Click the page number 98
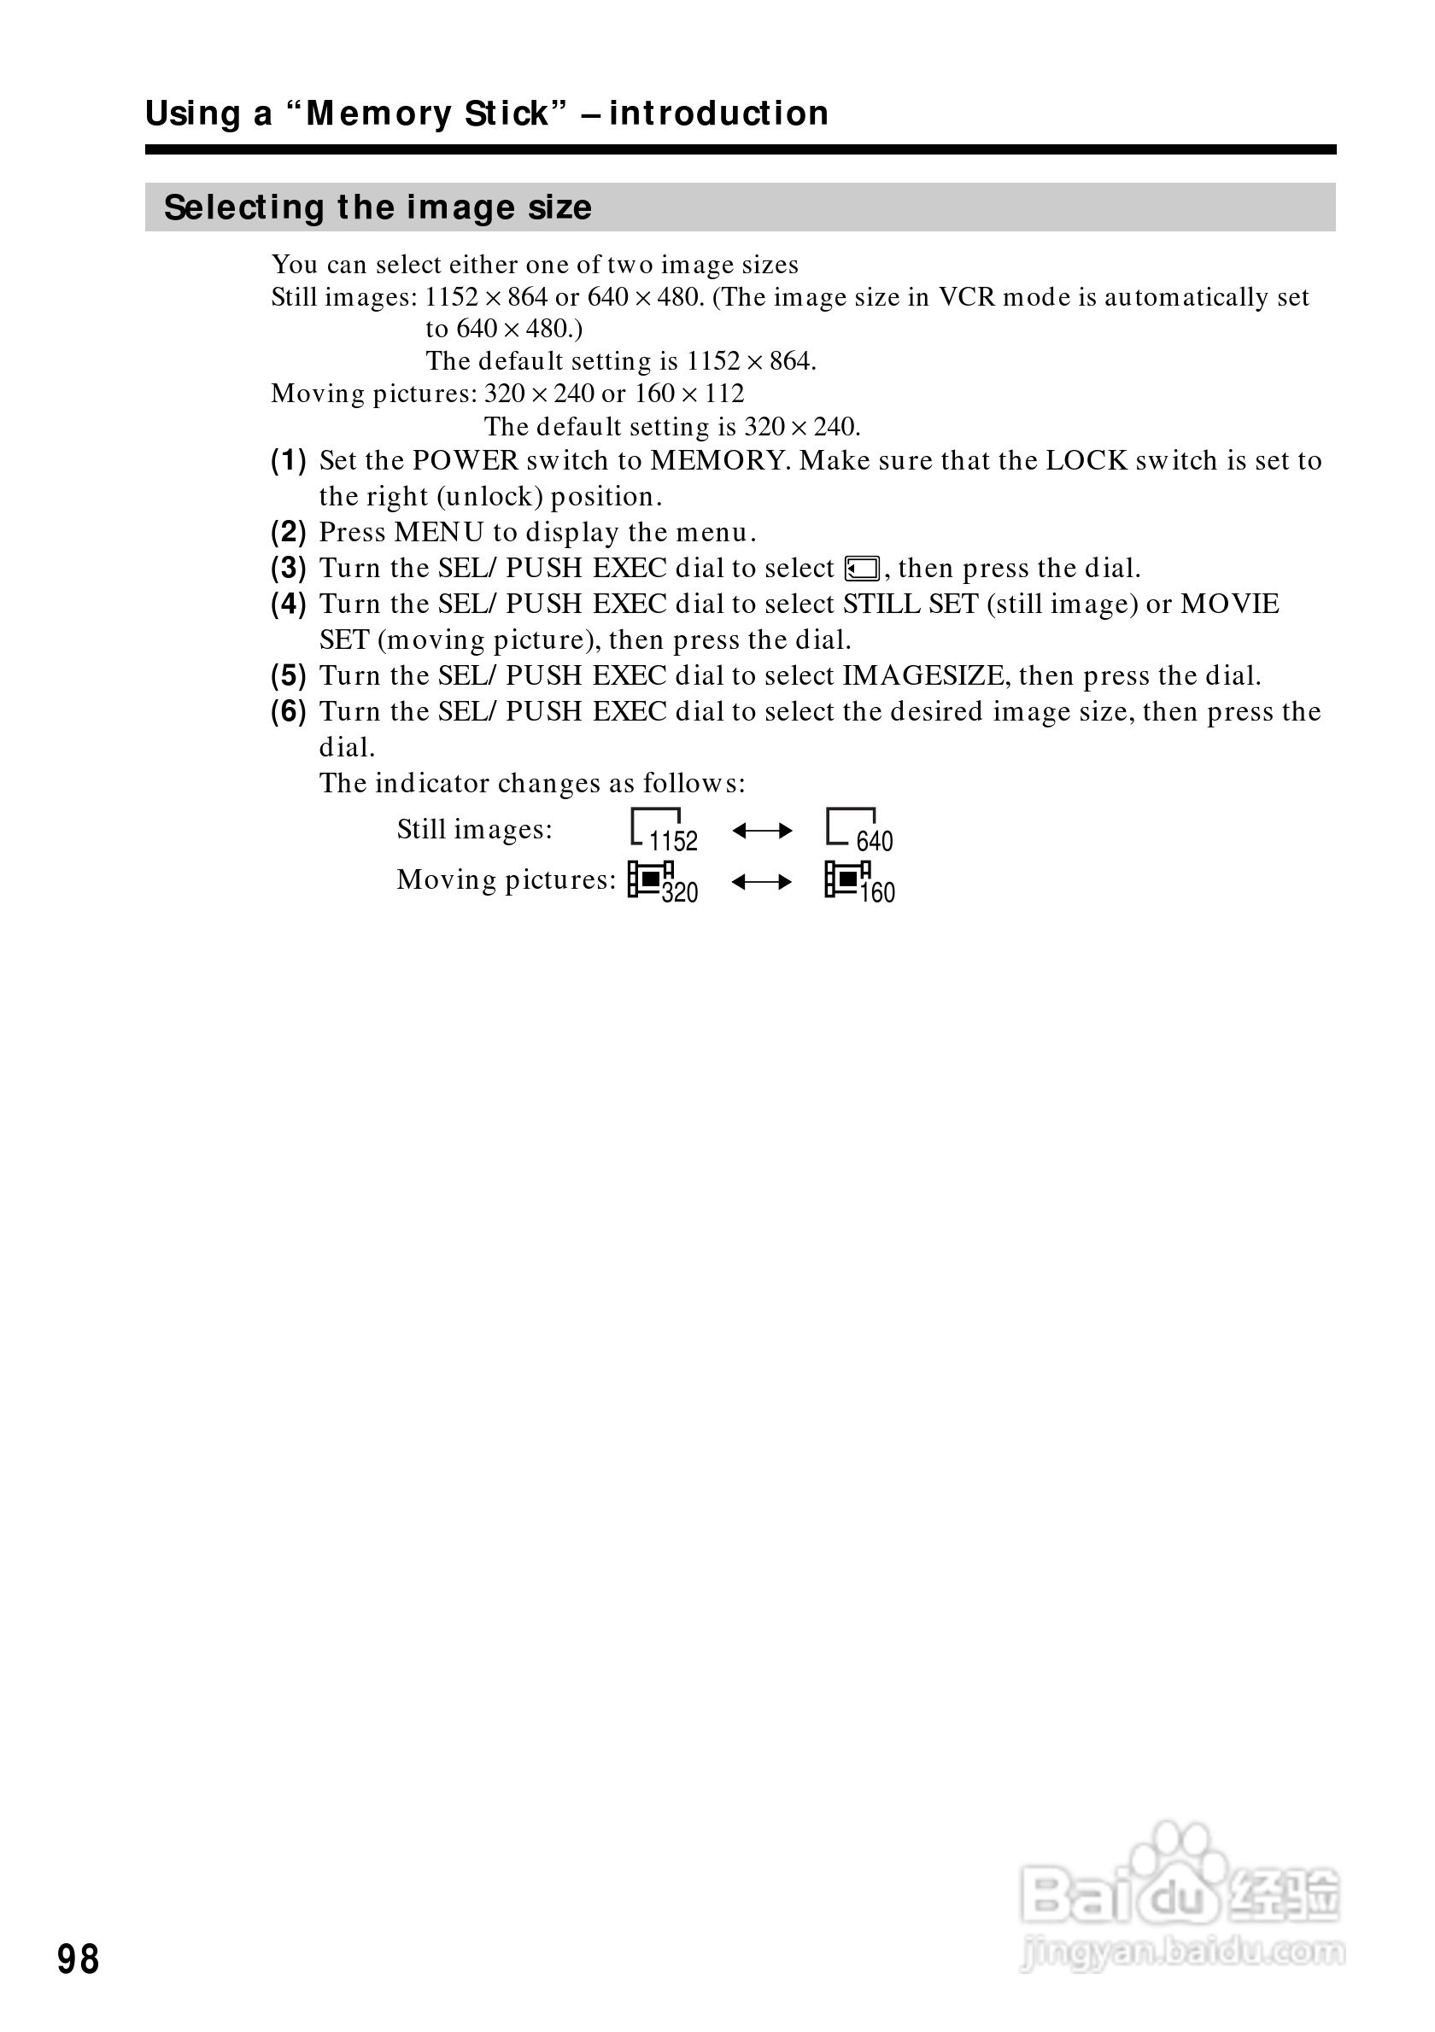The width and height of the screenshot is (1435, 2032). pyautogui.click(x=78, y=1959)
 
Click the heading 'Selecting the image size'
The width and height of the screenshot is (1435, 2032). pyautogui.click(x=378, y=208)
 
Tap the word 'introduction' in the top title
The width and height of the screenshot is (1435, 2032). pyautogui.click(x=719, y=114)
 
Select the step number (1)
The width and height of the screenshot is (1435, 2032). pyautogui.click(x=289, y=460)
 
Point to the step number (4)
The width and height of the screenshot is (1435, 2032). pyautogui.click(x=289, y=604)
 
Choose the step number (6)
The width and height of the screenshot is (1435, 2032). pyautogui.click(x=289, y=711)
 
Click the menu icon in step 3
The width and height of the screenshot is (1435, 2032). pyautogui.click(x=862, y=568)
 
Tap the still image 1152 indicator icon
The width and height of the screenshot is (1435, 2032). pyautogui.click(x=663, y=830)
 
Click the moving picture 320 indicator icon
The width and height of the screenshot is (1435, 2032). pyautogui.click(x=662, y=881)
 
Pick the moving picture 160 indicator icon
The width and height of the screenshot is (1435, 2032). pyautogui.click(x=858, y=881)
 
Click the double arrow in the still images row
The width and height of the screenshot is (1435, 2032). pyautogui.click(x=762, y=831)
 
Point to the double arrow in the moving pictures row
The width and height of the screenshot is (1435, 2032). pyautogui.click(x=762, y=882)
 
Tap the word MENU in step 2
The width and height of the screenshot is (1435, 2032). pyautogui.click(x=439, y=533)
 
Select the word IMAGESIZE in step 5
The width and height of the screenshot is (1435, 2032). pyautogui.click(x=923, y=676)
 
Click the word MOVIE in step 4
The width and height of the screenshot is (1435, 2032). pyautogui.click(x=1230, y=604)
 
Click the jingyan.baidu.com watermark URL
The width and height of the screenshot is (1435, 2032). pyautogui.click(x=1182, y=1952)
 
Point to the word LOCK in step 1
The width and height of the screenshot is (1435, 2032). pyautogui.click(x=1086, y=461)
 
